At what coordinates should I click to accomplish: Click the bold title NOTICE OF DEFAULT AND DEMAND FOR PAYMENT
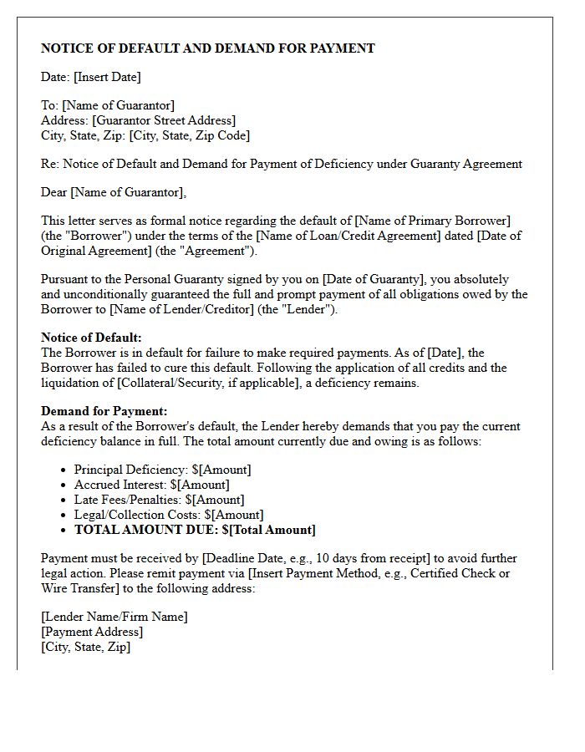[x=208, y=48]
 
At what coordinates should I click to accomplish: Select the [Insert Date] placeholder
[x=107, y=77]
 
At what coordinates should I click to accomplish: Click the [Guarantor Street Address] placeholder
[x=164, y=120]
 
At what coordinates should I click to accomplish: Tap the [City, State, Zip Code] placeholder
[x=190, y=135]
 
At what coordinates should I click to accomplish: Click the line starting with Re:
[x=282, y=164]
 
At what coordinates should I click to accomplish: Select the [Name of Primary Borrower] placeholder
[x=432, y=221]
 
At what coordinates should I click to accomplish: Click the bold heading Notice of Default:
[x=91, y=338]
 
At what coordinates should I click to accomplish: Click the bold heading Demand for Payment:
[x=104, y=411]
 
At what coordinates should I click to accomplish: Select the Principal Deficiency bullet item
[x=162, y=470]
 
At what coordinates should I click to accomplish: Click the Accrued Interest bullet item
[x=151, y=485]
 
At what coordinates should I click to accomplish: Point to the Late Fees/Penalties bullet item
[x=159, y=500]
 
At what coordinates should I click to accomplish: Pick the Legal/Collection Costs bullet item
[x=168, y=515]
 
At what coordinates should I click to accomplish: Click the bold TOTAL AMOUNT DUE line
[x=195, y=530]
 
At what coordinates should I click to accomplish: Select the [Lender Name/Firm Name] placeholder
[x=114, y=617]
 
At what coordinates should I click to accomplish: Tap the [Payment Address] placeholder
[x=92, y=632]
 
